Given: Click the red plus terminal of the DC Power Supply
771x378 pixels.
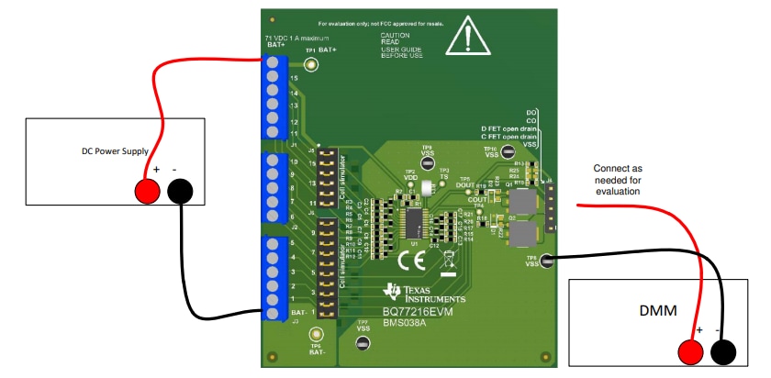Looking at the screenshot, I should (145, 191).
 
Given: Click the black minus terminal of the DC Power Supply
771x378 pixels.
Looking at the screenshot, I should (180, 191).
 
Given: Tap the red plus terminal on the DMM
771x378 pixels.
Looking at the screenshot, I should (689, 352).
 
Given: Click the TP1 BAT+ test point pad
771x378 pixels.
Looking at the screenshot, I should (311, 65).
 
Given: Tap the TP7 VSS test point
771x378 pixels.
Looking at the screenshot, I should (363, 343).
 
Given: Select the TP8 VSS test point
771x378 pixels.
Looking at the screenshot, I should (546, 261).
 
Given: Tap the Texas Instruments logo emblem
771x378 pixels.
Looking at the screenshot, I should (393, 293).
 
